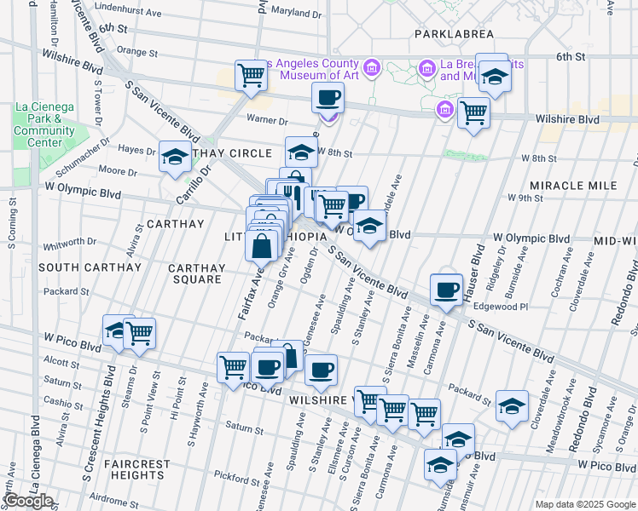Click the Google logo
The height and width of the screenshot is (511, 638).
click(x=28, y=501)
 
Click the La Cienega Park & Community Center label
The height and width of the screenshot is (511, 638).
click(x=44, y=125)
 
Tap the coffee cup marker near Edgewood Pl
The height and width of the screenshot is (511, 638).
click(x=446, y=290)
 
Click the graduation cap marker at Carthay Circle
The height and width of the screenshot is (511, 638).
click(x=175, y=158)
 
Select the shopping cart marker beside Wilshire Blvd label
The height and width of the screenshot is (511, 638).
click(x=473, y=112)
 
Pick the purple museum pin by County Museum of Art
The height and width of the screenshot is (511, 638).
click(x=371, y=67)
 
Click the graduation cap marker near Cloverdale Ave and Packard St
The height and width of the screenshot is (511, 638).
click(x=512, y=405)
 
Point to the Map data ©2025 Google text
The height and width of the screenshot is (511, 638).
click(x=585, y=504)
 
